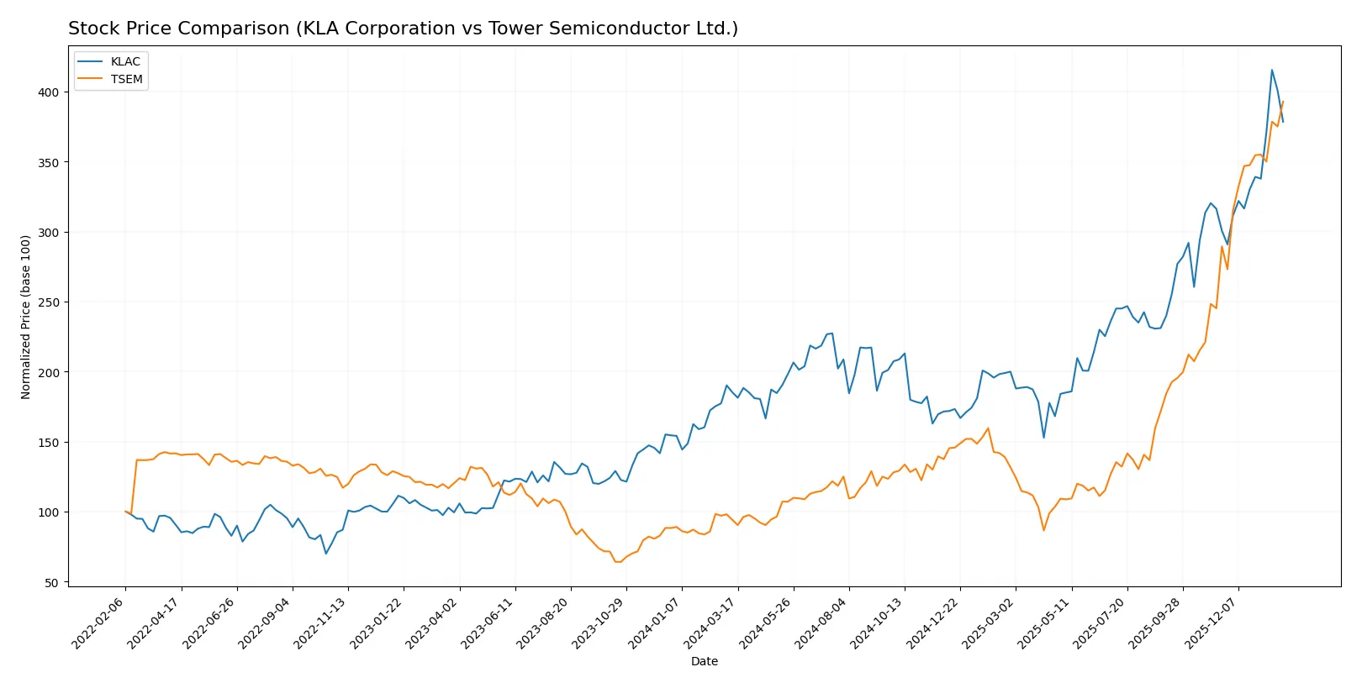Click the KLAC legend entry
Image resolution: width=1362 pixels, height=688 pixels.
pyautogui.click(x=124, y=61)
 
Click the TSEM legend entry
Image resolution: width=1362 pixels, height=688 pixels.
pyautogui.click(x=126, y=79)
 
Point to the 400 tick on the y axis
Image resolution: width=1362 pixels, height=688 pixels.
pyautogui.click(x=48, y=92)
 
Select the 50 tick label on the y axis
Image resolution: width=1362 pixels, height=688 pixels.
pyautogui.click(x=51, y=582)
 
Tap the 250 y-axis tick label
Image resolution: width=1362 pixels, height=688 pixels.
pyautogui.click(x=48, y=302)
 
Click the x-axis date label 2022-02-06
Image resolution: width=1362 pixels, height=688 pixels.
pyautogui.click(x=99, y=622)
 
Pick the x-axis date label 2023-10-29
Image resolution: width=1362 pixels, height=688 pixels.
pyautogui.click(x=600, y=622)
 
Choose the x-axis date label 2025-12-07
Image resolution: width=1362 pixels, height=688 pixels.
pyautogui.click(x=1212, y=622)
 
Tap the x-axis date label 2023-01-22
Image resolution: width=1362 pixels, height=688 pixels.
pyautogui.click(x=377, y=622)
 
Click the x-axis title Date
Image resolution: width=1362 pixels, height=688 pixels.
pyautogui.click(x=704, y=661)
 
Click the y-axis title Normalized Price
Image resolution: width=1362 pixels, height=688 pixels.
pyautogui.click(x=25, y=317)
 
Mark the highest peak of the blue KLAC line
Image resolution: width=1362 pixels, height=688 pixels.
pyautogui.click(x=1271, y=70)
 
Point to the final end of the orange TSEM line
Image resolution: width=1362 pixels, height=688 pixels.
pyautogui.click(x=1283, y=102)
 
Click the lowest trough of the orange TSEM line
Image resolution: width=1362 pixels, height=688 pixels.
pyautogui.click(x=618, y=562)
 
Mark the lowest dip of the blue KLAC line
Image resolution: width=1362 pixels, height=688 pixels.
pyautogui.click(x=326, y=553)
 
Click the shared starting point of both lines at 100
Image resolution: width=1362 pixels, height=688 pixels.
pyautogui.click(x=125, y=512)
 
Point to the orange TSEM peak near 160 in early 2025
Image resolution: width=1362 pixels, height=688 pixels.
pyautogui.click(x=988, y=428)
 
